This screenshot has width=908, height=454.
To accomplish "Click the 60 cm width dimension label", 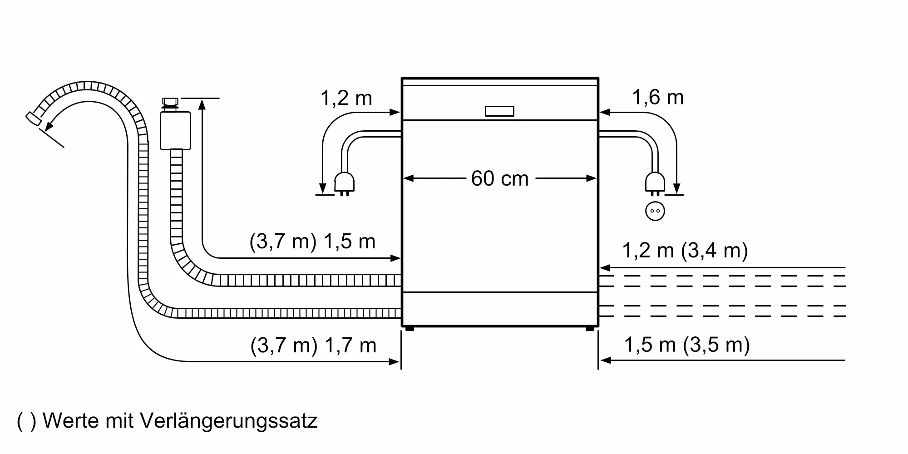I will (499, 178).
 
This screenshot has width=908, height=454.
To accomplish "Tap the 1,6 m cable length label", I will (657, 98).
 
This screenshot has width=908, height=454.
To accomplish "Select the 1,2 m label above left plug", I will (346, 99).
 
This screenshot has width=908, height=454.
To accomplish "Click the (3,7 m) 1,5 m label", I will (312, 242).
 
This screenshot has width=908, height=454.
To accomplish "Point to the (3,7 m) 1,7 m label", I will (313, 346).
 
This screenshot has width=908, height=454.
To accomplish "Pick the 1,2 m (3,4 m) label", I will (685, 251).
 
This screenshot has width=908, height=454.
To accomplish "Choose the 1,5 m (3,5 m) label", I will (686, 345).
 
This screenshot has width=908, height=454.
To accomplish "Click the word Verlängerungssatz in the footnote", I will (228, 421).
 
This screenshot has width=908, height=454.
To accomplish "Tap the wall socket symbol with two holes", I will (655, 211).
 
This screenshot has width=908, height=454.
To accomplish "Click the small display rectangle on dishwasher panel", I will (499, 111).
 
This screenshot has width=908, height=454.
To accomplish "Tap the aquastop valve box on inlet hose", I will (175, 131).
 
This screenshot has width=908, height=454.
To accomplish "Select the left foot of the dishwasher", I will (409, 328).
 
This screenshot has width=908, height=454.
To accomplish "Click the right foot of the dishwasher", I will (590, 328).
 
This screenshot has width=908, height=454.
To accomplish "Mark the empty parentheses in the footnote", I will (26, 421).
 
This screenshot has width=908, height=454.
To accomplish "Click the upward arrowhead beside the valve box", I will (202, 104).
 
